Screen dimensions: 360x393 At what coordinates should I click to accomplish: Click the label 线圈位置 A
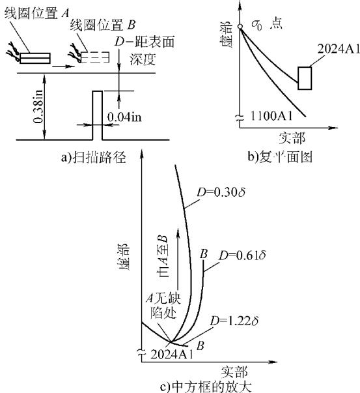[x=36, y=12]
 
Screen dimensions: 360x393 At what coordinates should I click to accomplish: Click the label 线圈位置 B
[x=103, y=25]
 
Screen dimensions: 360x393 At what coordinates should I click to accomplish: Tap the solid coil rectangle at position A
[x=35, y=58]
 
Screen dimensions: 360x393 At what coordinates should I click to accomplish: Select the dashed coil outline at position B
[x=96, y=57]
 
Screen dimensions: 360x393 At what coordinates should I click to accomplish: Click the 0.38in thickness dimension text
[x=38, y=106]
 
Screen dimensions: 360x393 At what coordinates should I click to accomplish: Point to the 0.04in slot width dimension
[x=124, y=117]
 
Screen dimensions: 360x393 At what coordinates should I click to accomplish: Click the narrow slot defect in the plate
[x=98, y=115]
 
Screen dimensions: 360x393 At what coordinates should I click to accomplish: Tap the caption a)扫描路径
[x=93, y=158]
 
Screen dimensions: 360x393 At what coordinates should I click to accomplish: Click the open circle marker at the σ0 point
[x=240, y=26]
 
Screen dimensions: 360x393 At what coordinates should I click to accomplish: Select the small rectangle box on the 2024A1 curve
[x=305, y=78]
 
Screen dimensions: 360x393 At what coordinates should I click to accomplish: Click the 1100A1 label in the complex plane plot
[x=271, y=115]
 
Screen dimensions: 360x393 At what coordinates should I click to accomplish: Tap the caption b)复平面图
[x=280, y=157]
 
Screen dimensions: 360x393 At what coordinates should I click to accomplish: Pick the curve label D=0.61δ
[x=242, y=255]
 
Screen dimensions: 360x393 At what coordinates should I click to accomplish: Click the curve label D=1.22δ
[x=234, y=321]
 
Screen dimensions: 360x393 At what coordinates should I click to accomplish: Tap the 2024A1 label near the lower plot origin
[x=172, y=355]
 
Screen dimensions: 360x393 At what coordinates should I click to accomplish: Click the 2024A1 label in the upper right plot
[x=339, y=49]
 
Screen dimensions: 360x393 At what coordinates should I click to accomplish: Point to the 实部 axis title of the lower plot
[x=234, y=372]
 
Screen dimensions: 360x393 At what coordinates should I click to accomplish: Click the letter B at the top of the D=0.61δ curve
[x=204, y=254]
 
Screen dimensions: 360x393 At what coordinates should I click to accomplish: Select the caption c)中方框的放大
[x=206, y=387]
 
